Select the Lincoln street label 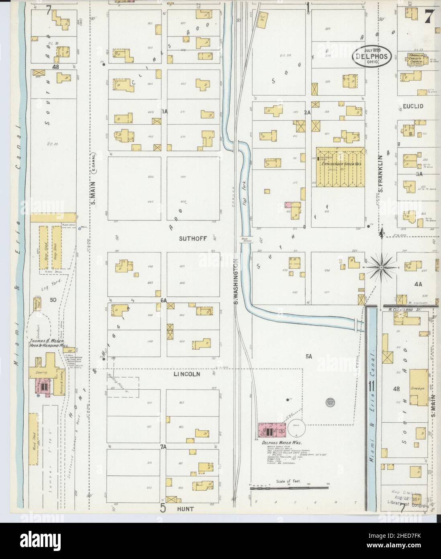coord(187,374)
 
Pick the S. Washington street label coord(237,282)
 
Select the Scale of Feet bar coord(288,488)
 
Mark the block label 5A coord(309,356)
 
